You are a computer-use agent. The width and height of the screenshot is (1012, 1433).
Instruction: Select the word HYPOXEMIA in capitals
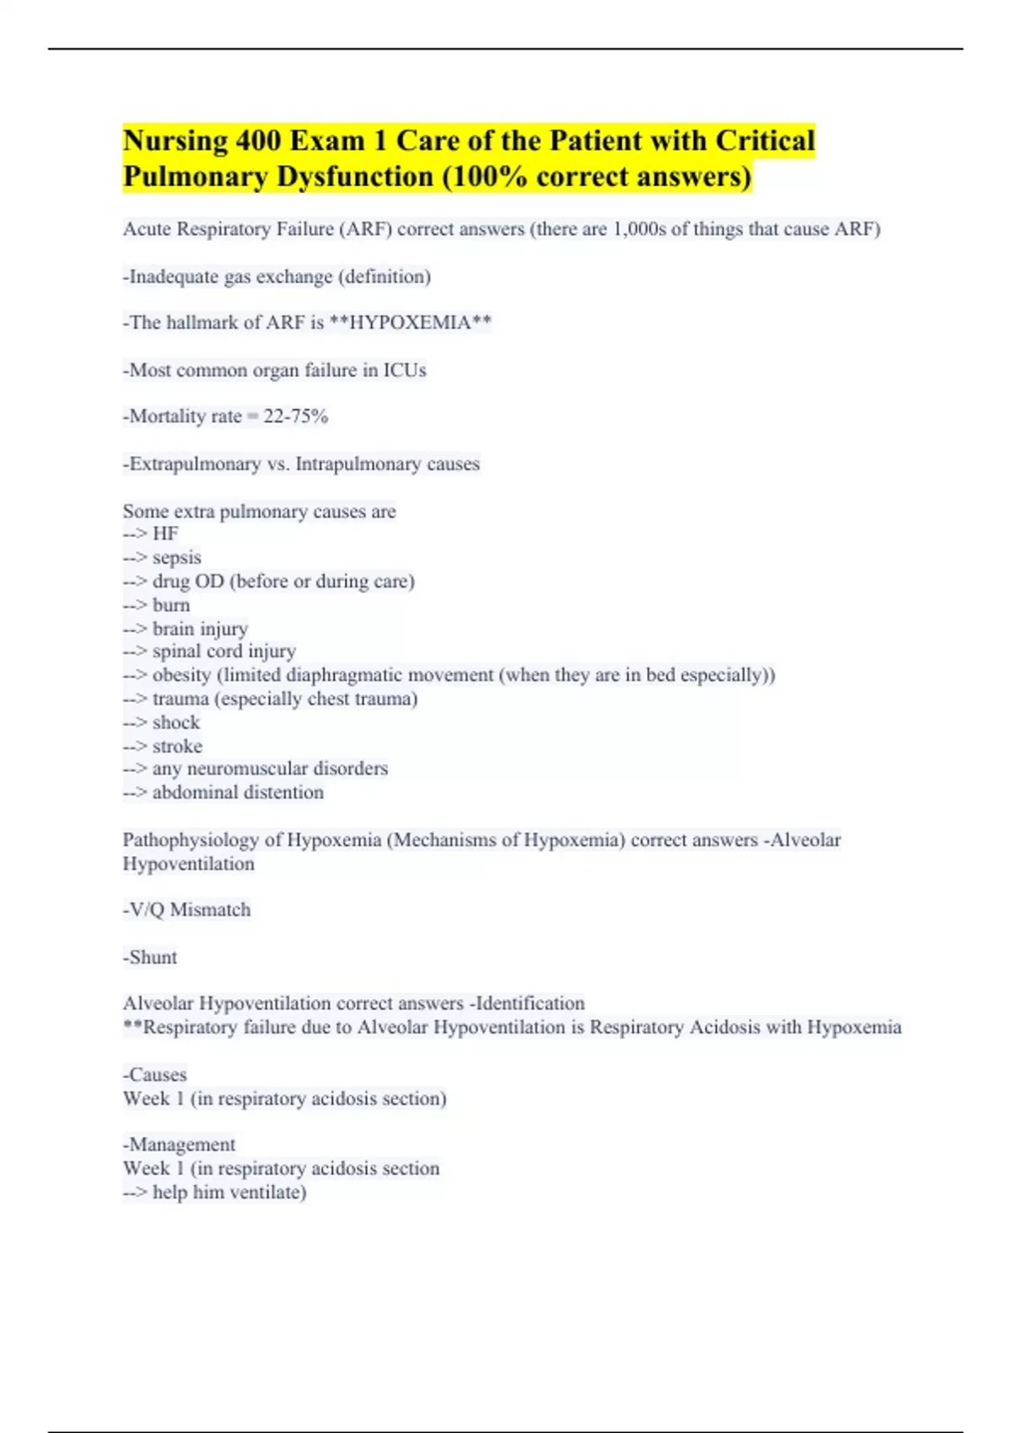click(x=410, y=323)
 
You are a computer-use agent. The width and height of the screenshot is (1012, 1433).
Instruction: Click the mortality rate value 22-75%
click(x=295, y=416)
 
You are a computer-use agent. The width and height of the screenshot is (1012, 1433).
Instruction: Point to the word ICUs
click(x=405, y=370)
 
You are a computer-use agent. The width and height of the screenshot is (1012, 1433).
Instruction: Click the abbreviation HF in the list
click(x=165, y=534)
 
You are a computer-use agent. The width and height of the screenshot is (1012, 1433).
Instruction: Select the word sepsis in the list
click(x=176, y=558)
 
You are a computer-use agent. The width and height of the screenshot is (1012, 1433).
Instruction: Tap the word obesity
click(x=181, y=675)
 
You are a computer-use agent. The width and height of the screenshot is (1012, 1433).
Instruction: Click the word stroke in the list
click(x=177, y=747)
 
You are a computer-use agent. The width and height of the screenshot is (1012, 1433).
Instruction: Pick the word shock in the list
click(x=175, y=722)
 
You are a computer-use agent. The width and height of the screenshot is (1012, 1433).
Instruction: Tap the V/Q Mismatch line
click(x=187, y=910)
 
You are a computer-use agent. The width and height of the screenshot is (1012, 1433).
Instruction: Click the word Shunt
click(x=153, y=958)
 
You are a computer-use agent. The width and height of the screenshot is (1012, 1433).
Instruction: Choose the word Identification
click(x=530, y=1004)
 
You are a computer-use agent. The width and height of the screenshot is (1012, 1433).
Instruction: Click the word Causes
click(x=158, y=1075)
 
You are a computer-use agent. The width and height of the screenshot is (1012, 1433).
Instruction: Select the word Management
click(x=182, y=1145)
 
